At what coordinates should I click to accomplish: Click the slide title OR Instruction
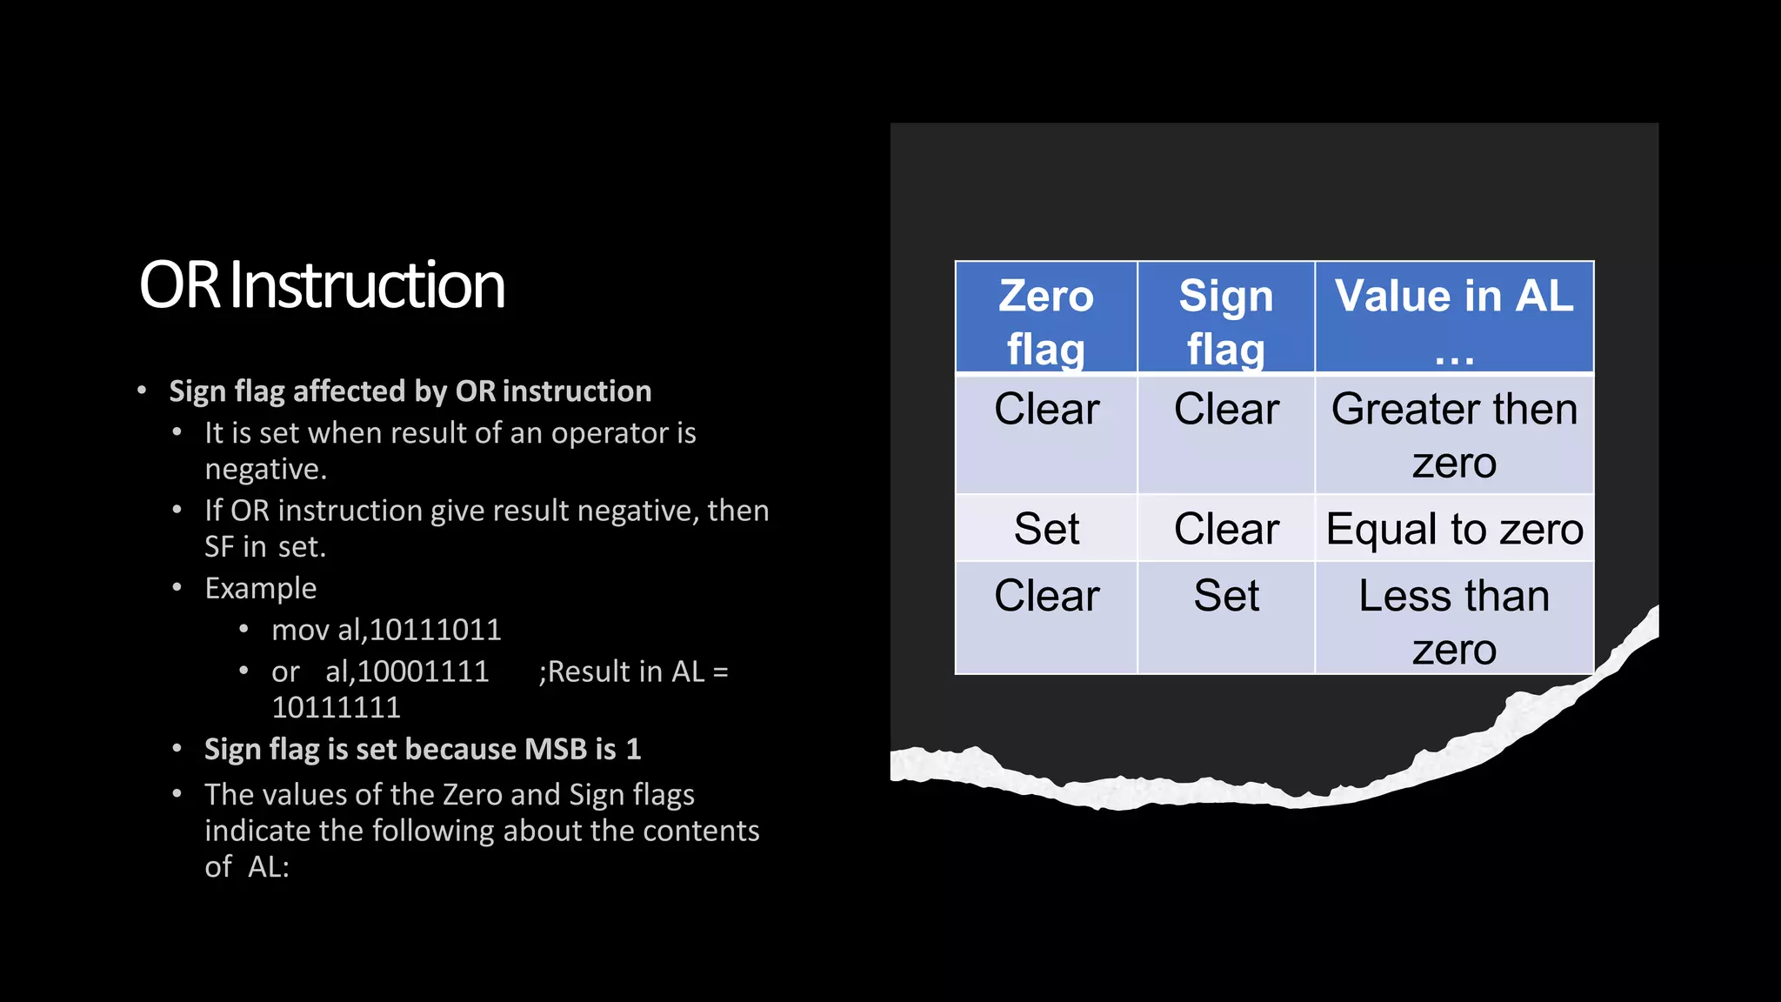[x=322, y=285]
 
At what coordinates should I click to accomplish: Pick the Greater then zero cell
[x=1453, y=435]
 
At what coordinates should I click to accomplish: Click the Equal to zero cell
[x=1454, y=529]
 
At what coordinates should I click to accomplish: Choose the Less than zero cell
[x=1453, y=621]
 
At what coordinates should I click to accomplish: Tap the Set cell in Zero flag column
[x=1046, y=529]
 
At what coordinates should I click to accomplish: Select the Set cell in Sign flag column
[x=1225, y=597]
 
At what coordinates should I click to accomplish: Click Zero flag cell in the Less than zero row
[x=1046, y=597]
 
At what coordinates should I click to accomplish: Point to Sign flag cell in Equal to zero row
[x=1225, y=529]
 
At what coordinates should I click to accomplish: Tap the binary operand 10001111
[x=423, y=671]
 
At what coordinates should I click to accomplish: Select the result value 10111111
[x=336, y=707]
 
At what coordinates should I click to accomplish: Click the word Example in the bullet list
[x=260, y=588]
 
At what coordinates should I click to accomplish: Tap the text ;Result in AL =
[x=633, y=671]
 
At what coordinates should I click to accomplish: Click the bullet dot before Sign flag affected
[x=142, y=391]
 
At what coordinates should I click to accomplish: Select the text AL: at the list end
[x=268, y=866]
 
